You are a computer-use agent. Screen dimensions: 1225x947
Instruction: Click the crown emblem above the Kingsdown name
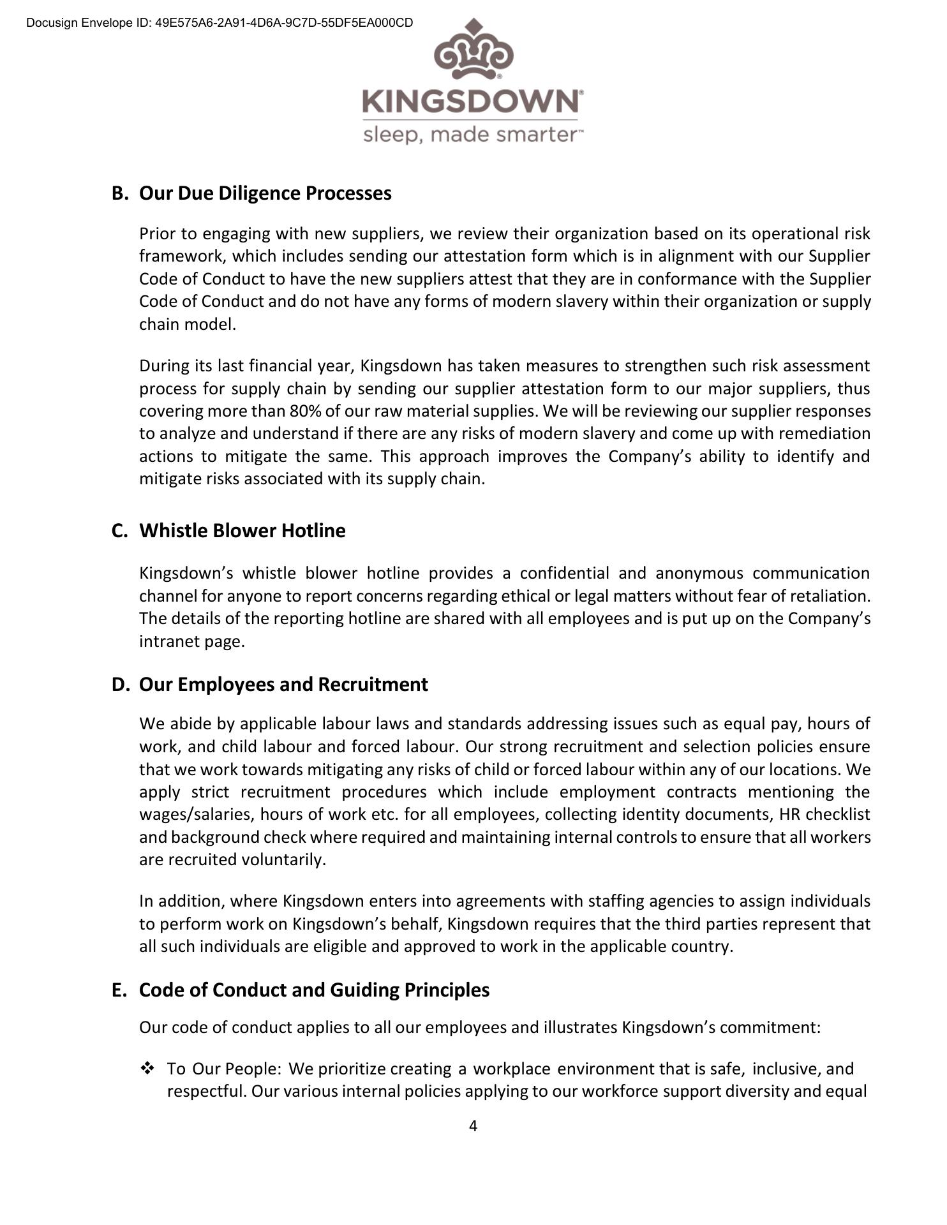click(473, 51)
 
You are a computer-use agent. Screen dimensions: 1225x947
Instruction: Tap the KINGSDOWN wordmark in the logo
click(472, 102)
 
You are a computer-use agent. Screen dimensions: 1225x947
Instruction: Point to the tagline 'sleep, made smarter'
click(472, 135)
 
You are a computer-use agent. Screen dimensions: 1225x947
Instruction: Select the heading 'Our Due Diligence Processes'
click(265, 193)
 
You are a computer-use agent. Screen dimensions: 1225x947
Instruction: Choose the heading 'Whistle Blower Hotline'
click(242, 531)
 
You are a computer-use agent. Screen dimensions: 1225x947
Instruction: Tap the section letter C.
click(118, 531)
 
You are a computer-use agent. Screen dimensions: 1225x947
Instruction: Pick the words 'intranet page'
click(191, 641)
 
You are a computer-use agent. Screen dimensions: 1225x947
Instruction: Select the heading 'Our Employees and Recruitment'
click(283, 685)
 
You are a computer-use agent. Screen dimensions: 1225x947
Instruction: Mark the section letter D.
click(119, 685)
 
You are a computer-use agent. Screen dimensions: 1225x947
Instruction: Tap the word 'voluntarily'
click(283, 860)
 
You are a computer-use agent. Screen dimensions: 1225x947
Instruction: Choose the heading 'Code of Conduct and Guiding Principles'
click(314, 990)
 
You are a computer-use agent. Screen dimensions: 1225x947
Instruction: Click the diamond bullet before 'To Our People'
click(148, 1068)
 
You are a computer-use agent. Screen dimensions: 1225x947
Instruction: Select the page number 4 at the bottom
click(473, 1126)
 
